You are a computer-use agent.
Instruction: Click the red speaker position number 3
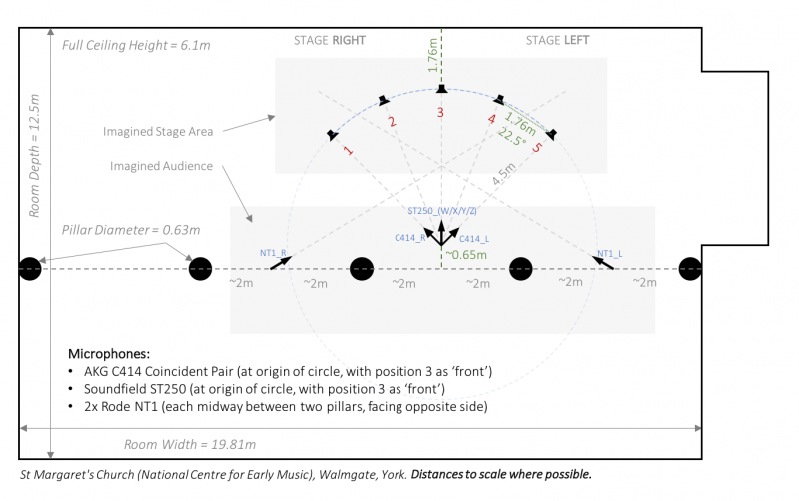[x=440, y=113]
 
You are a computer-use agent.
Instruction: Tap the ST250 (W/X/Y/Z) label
[x=442, y=212]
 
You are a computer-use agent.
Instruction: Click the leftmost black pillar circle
[x=31, y=269]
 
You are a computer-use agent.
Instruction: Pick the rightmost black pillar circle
[x=690, y=269]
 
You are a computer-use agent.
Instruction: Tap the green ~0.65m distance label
[x=468, y=256]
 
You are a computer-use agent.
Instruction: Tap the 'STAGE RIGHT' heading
[x=329, y=41]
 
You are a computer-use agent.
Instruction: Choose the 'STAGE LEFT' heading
[x=557, y=41]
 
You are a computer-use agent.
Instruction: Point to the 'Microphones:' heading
[x=109, y=354]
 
